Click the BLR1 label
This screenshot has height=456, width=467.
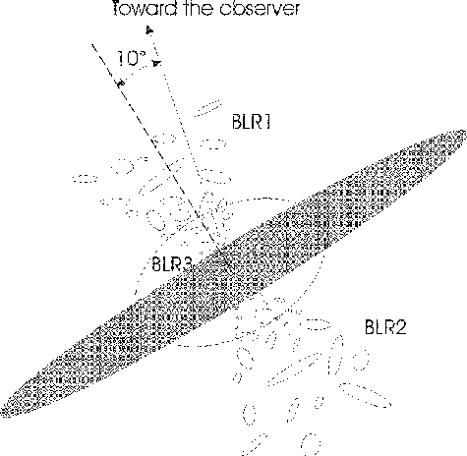click(x=251, y=122)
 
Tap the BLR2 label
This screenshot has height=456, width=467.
click(x=385, y=326)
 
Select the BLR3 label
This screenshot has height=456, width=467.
click(x=172, y=263)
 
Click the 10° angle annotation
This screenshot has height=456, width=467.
click(x=132, y=59)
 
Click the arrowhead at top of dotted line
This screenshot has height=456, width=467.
click(x=149, y=30)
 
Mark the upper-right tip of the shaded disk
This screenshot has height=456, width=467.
click(x=465, y=132)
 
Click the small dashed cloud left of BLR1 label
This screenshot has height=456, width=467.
click(x=207, y=108)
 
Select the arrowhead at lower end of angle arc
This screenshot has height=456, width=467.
click(x=121, y=84)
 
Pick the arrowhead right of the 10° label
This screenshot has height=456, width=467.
click(x=157, y=63)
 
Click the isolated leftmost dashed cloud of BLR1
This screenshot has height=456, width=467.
click(x=86, y=179)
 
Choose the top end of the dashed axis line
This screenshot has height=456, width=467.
click(x=91, y=44)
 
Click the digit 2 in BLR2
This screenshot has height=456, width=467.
click(x=400, y=326)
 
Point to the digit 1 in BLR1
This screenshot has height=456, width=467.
click(x=267, y=122)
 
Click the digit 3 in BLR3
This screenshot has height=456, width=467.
click(x=188, y=263)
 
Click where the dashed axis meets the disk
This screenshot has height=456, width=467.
click(x=217, y=248)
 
